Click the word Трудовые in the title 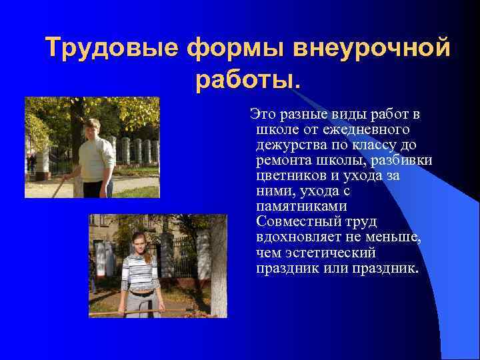tap(111, 49)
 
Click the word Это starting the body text tap(261, 114)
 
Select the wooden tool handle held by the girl tap(113, 310)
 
